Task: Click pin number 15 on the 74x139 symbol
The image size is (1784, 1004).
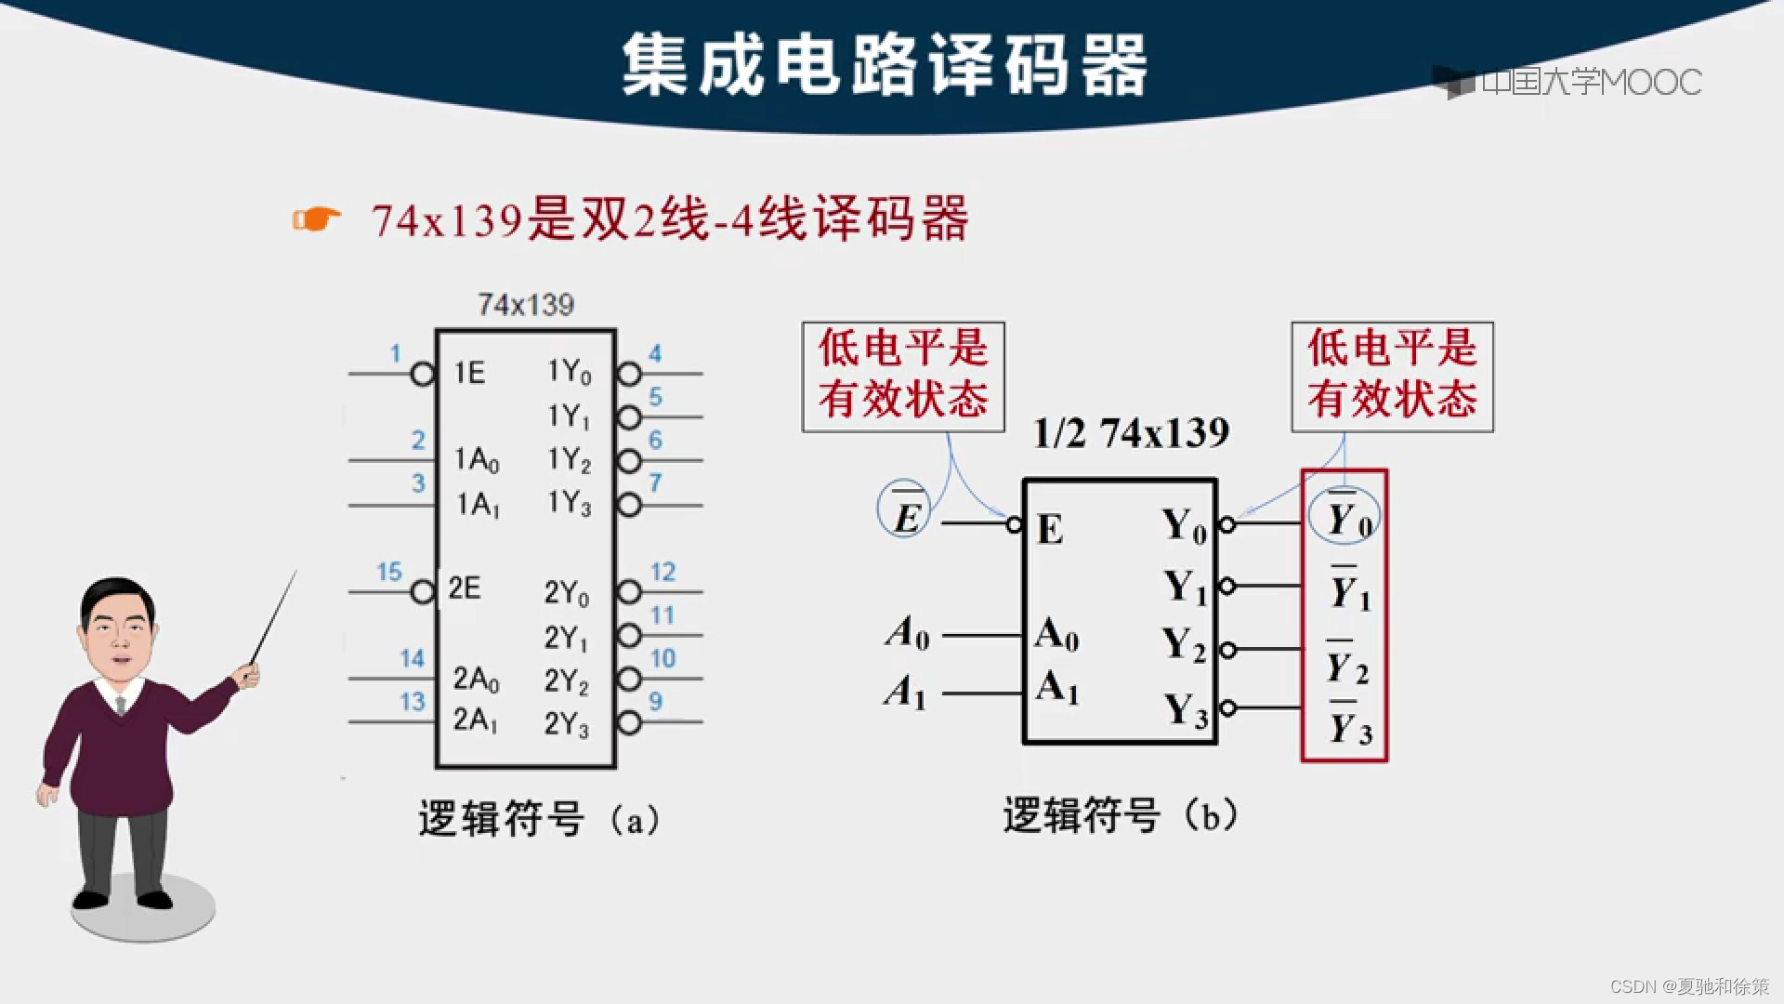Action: [x=388, y=572]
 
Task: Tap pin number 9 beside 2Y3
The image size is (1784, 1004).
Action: [x=656, y=701]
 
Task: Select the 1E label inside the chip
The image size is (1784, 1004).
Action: [x=469, y=373]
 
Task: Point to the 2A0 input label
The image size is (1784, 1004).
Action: [x=476, y=680]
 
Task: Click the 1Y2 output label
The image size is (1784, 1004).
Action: [x=569, y=459]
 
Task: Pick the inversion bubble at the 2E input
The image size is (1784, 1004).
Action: [x=423, y=591]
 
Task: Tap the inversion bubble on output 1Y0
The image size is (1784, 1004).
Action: [x=630, y=375]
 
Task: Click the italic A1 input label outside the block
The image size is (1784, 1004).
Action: [x=905, y=692]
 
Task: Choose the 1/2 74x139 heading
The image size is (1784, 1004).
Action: [x=1131, y=433]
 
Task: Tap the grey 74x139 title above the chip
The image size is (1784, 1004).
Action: [x=526, y=305]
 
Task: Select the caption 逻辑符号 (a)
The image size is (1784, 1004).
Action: [x=539, y=819]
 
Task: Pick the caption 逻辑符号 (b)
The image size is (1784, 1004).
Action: [x=1120, y=816]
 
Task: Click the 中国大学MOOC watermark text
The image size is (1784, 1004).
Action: [x=1591, y=83]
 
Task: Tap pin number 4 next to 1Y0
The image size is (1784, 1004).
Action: [x=655, y=353]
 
